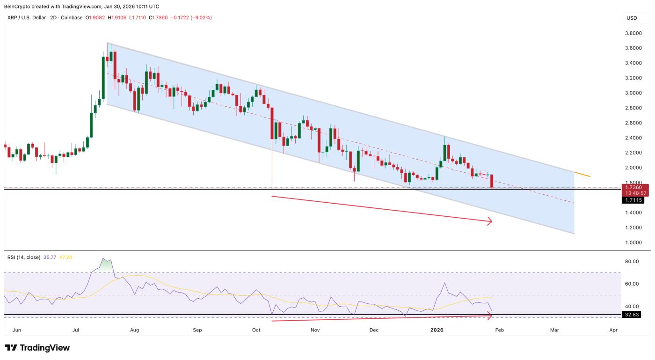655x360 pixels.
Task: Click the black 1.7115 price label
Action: pos(633,200)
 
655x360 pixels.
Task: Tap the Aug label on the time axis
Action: pos(135,330)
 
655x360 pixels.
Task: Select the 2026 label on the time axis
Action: pos(437,330)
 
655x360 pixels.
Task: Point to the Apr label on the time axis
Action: pos(613,330)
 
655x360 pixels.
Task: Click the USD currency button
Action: pos(632,18)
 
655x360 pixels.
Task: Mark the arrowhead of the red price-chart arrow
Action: pos(490,221)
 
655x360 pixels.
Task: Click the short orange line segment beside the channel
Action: pos(582,174)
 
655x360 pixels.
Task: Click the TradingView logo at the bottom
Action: pos(37,348)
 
